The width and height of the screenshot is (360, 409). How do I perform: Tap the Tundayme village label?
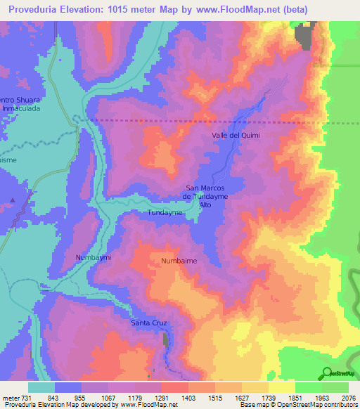coord(166,212)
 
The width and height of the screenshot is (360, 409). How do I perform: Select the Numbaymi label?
coord(93,258)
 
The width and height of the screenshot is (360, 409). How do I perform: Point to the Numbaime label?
coord(179,261)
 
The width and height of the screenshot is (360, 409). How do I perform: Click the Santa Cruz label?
coord(148,323)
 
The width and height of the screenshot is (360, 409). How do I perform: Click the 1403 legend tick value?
coord(188,398)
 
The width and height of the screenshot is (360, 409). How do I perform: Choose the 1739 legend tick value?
coord(268,398)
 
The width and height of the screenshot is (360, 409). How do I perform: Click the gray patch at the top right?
coord(304,35)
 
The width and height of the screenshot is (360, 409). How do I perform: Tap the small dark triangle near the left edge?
coord(12,200)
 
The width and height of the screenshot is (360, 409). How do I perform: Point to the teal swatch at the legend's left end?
coord(41,387)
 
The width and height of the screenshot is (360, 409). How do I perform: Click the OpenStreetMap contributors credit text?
coord(315,405)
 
